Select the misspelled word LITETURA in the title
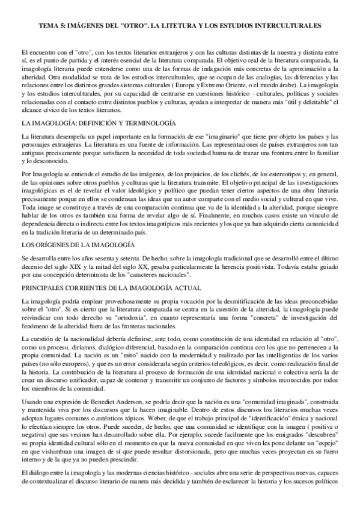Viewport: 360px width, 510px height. [180, 26]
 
